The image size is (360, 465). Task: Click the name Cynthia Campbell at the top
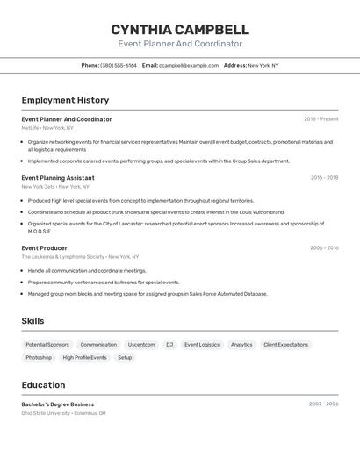point(180,29)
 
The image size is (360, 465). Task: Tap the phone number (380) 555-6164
point(119,65)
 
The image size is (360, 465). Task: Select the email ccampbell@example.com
point(189,65)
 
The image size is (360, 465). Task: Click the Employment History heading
point(65,100)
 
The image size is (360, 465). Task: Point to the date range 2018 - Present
point(321,119)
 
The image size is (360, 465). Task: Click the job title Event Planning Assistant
point(58,178)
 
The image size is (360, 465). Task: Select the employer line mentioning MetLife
point(47,128)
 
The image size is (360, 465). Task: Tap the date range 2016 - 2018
point(324,178)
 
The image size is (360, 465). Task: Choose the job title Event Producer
point(45,248)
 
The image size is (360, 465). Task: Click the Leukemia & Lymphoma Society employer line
point(80,257)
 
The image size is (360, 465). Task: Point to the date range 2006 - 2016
point(324,248)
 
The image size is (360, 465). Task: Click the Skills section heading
point(32,321)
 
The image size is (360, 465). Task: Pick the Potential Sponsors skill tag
point(47,345)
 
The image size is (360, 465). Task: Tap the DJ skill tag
point(169,345)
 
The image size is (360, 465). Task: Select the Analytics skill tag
point(241,345)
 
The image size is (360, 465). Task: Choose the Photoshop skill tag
point(39,358)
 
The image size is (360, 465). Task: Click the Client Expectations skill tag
point(286,345)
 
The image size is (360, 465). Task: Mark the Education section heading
point(43,384)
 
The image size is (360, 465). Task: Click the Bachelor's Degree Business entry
point(58,404)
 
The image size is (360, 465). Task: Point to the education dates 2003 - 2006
point(324,404)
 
